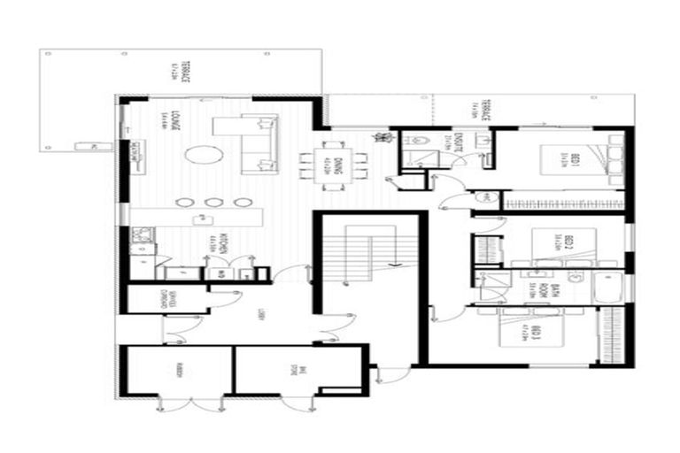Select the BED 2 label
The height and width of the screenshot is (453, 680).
pos(567,242)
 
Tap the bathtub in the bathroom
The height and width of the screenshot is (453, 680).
pos(612,287)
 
